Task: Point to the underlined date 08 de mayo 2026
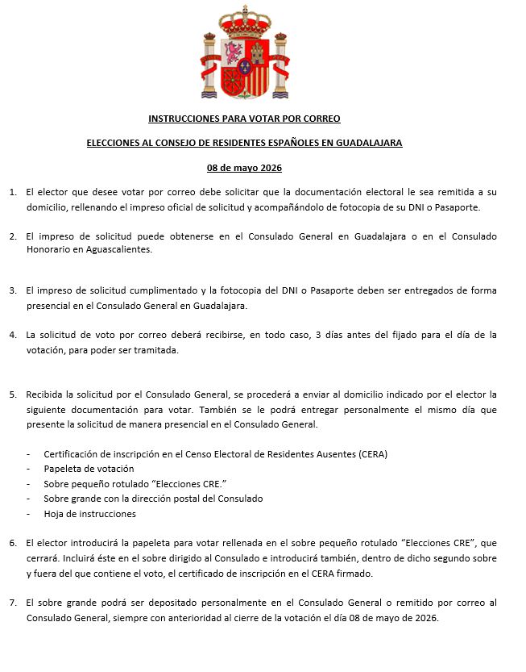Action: click(x=244, y=168)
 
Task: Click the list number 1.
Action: click(x=12, y=193)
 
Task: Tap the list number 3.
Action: click(x=12, y=290)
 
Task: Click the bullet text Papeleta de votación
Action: click(x=89, y=469)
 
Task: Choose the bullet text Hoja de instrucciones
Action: click(x=90, y=514)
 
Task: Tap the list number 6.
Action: click(x=12, y=543)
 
